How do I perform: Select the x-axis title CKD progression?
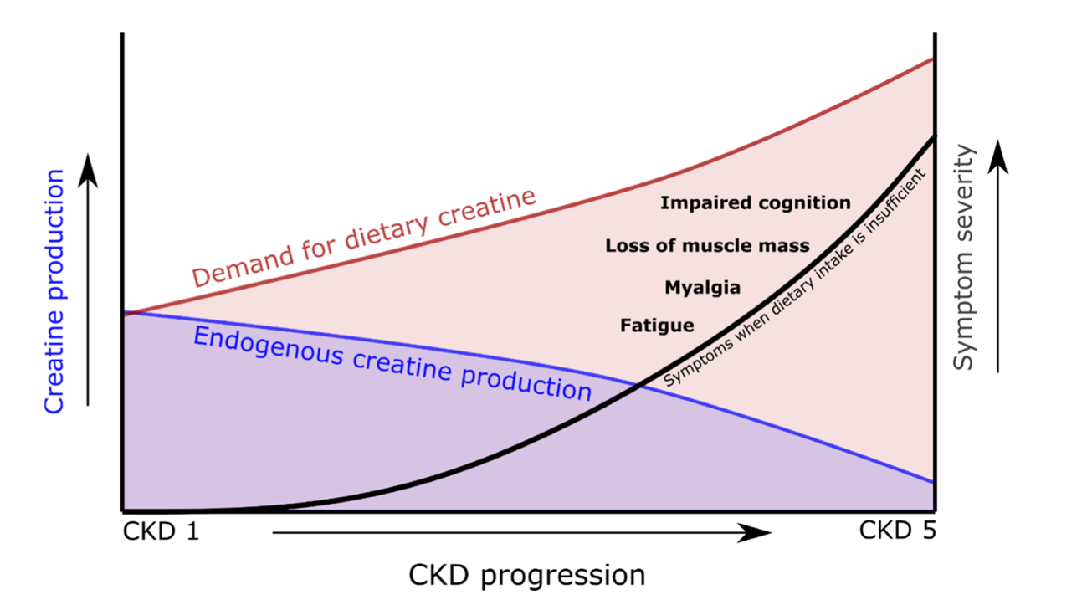tap(526, 576)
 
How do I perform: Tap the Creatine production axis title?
tap(54, 291)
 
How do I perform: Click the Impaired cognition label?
tap(755, 202)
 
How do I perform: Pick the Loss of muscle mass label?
tap(707, 246)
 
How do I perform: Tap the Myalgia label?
tap(702, 288)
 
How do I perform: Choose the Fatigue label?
tap(657, 326)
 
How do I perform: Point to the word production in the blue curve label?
tap(526, 381)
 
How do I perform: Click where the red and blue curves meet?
tap(126, 314)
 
